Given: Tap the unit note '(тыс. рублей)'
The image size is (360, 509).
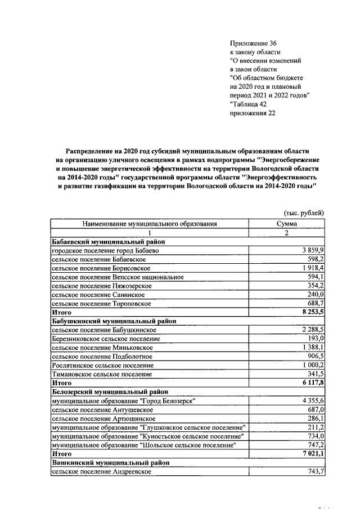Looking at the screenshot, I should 303,212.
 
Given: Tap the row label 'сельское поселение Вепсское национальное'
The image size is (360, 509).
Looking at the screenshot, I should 118,277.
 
